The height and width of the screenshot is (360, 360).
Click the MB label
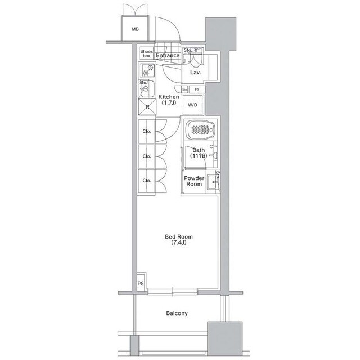point(136,29)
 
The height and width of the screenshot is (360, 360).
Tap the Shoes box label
point(146,53)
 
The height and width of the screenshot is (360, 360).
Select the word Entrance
point(168,55)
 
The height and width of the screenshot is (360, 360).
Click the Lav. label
point(195,73)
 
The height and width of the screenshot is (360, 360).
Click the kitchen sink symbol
point(146,89)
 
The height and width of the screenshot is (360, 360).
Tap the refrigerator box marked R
point(147,107)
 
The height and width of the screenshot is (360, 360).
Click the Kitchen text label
point(169,97)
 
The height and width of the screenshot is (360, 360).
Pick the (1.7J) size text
point(169,103)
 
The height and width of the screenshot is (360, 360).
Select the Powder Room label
point(194,181)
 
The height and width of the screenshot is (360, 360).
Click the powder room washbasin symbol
point(212,181)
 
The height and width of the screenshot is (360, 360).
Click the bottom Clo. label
point(147,181)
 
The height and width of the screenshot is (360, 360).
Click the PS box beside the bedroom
point(141,284)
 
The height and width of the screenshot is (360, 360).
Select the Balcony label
point(177,313)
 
